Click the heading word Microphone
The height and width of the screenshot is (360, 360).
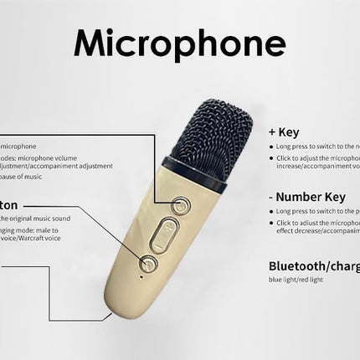click(x=179, y=42)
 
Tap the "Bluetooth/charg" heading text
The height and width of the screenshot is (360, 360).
click(x=313, y=265)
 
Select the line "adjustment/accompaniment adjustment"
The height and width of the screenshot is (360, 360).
click(x=54, y=166)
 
